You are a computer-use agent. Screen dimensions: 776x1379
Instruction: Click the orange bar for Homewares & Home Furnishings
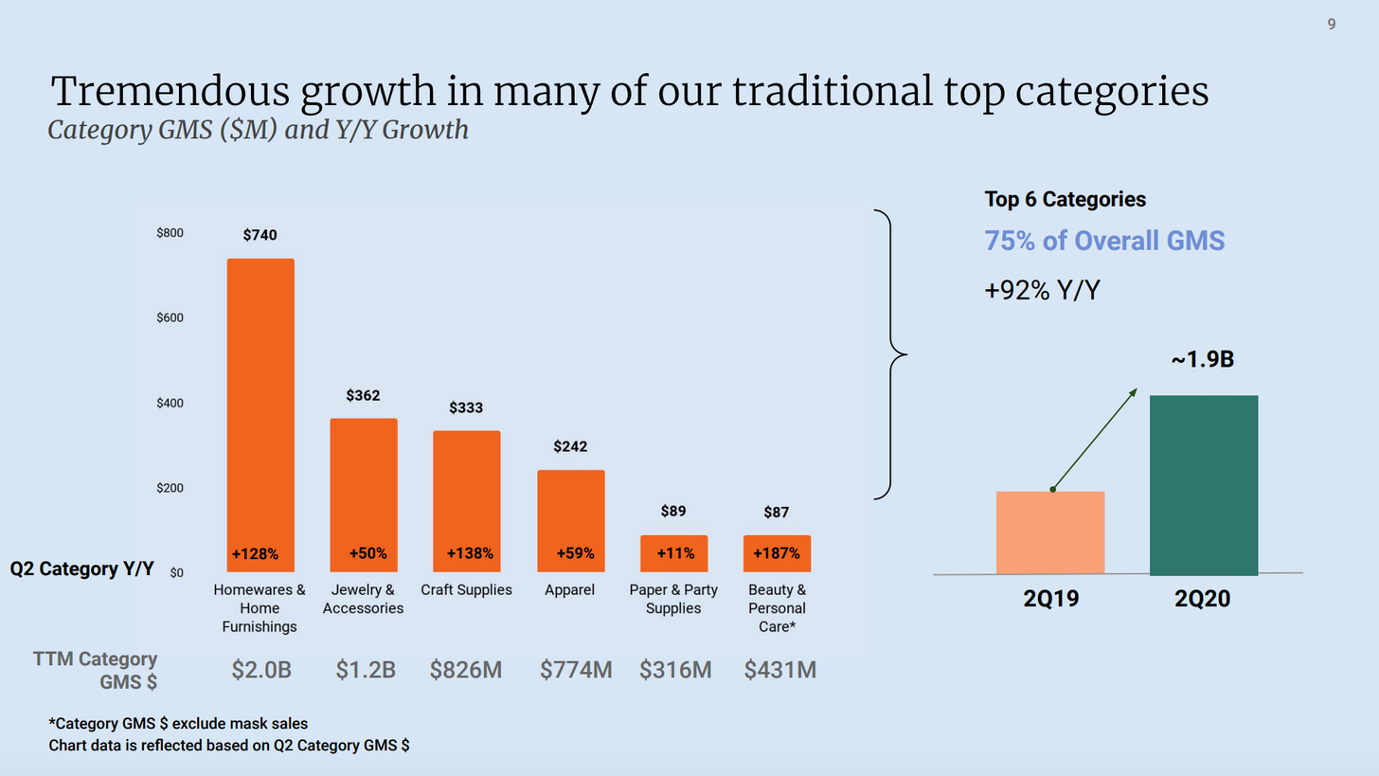pyautogui.click(x=260, y=398)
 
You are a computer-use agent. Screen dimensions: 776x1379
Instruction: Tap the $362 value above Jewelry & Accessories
pyautogui.click(x=363, y=395)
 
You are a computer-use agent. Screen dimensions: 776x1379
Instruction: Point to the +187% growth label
pyautogui.click(x=776, y=553)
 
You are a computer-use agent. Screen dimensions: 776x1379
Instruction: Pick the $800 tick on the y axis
pyautogui.click(x=170, y=233)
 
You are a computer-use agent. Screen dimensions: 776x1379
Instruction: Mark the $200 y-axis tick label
pyautogui.click(x=170, y=488)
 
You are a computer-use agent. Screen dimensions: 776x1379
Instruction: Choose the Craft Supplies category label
pyautogui.click(x=466, y=590)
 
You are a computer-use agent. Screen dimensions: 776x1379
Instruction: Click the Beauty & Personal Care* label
pyautogui.click(x=777, y=607)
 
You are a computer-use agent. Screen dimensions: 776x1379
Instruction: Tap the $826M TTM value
pyautogui.click(x=466, y=671)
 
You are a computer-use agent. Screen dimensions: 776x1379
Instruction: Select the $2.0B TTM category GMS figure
pyautogui.click(x=261, y=671)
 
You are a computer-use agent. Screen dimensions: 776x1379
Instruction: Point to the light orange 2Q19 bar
pyautogui.click(x=1050, y=532)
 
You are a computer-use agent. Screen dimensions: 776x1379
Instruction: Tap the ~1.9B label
pyautogui.click(x=1203, y=360)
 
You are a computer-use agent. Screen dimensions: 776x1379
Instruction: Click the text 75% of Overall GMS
pyautogui.click(x=1104, y=241)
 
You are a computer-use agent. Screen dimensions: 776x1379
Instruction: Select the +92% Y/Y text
pyautogui.click(x=1042, y=290)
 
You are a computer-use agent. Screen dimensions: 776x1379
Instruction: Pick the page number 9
pyautogui.click(x=1332, y=25)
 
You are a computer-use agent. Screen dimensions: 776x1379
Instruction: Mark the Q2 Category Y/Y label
pyautogui.click(x=81, y=569)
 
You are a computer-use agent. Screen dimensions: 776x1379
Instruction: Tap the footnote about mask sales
pyautogui.click(x=178, y=725)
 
